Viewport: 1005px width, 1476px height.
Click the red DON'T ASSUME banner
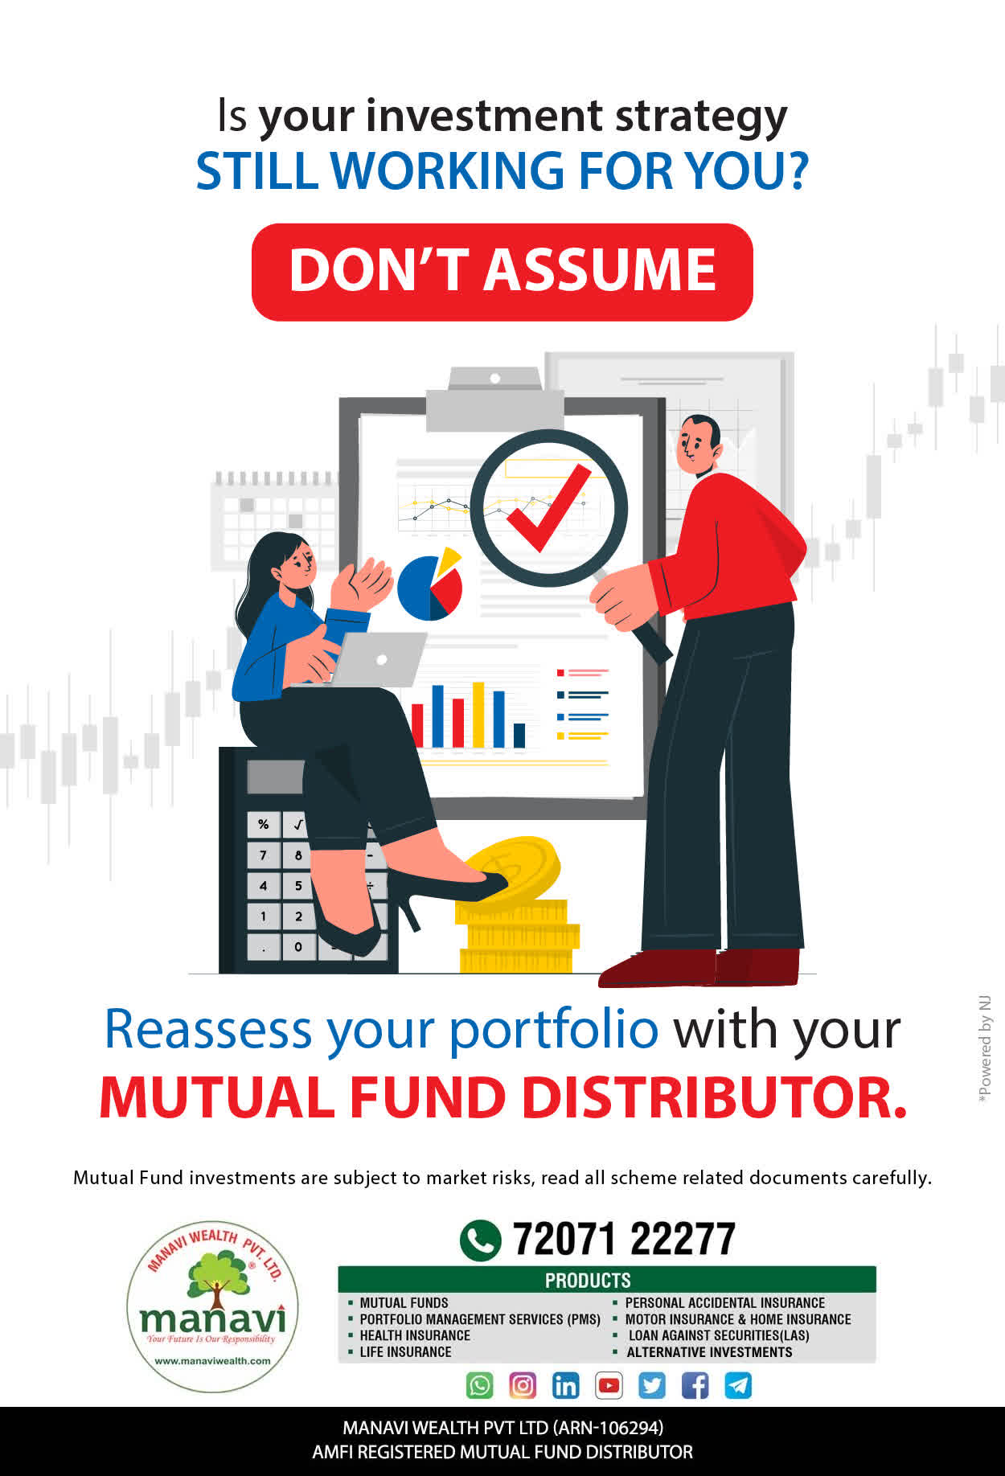point(503,272)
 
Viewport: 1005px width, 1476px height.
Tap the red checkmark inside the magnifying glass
point(548,508)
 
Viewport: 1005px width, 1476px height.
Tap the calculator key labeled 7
point(263,855)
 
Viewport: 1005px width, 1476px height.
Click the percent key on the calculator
point(263,824)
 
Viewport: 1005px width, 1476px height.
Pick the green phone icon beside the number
point(480,1240)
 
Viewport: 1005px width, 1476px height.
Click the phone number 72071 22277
point(624,1239)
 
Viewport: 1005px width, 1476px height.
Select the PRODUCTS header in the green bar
point(588,1280)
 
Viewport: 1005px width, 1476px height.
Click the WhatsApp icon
point(480,1385)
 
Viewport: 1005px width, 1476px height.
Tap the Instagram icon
point(523,1385)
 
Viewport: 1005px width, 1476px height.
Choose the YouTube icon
point(609,1385)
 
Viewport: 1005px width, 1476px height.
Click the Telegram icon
point(738,1385)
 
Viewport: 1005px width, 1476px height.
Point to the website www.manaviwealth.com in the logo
point(212,1361)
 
